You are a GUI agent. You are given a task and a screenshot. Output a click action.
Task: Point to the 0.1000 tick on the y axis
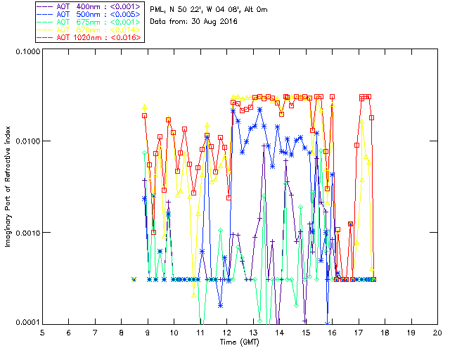pyautogui.click(x=27, y=52)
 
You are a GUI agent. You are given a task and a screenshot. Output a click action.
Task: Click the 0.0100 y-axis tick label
pyautogui.click(x=27, y=142)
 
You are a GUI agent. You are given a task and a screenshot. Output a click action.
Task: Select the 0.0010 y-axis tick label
pyautogui.click(x=27, y=233)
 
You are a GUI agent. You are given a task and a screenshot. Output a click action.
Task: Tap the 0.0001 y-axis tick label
pyautogui.click(x=27, y=323)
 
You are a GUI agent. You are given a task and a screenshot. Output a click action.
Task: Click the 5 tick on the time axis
pyautogui.click(x=42, y=331)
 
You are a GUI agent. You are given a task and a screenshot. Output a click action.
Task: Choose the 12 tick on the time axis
pyautogui.click(x=226, y=331)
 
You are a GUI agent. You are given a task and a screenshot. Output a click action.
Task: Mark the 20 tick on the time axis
pyautogui.click(x=437, y=331)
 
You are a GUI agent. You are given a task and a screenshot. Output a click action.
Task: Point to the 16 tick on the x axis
pyautogui.click(x=332, y=331)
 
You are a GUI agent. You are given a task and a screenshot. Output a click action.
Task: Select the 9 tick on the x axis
pyautogui.click(x=148, y=331)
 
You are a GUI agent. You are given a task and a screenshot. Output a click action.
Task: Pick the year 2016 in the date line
pyautogui.click(x=228, y=22)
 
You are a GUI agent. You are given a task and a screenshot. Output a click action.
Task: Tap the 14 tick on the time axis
pyautogui.click(x=279, y=331)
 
